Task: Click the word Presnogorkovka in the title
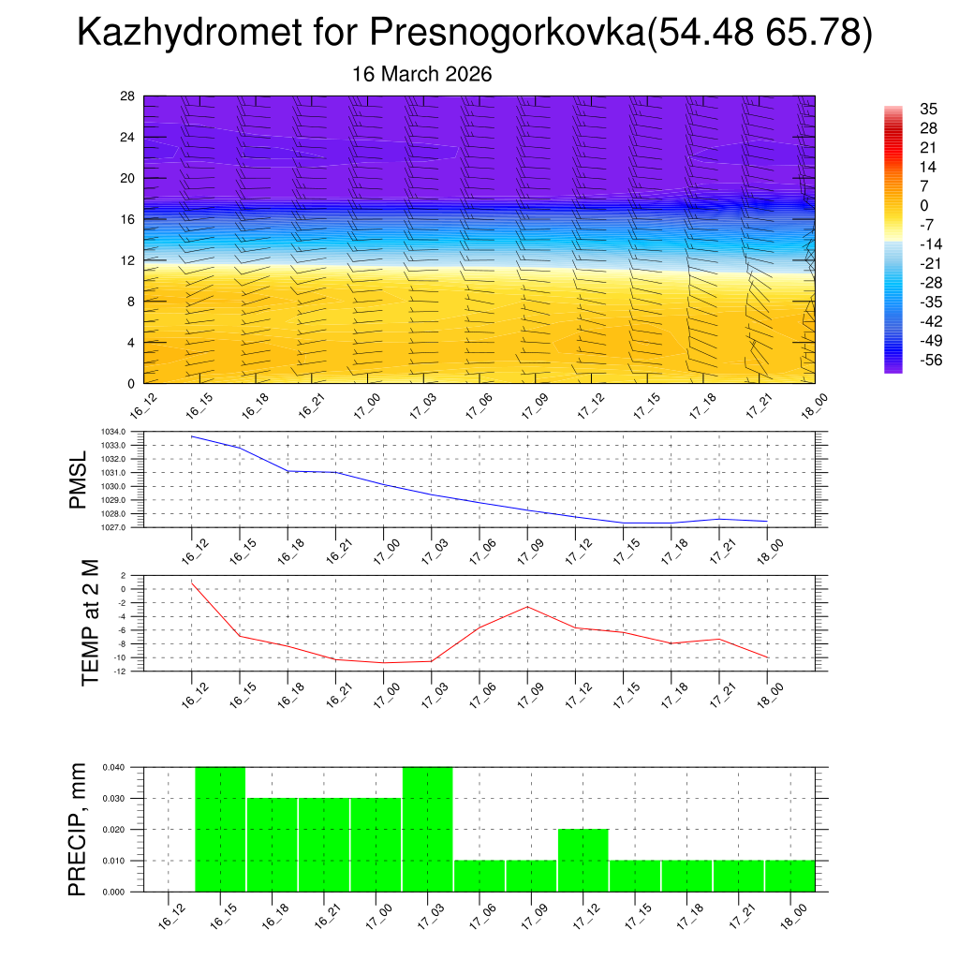[x=505, y=34]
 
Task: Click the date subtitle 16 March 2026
[x=421, y=74]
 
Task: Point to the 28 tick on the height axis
[x=128, y=96]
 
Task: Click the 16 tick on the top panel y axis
[x=128, y=219]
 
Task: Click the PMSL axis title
[x=82, y=479]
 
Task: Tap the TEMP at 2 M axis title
[x=90, y=624]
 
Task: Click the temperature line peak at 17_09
[x=526, y=607]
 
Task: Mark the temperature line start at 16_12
[x=192, y=583]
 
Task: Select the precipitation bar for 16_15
[x=220, y=829]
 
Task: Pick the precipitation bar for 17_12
[x=583, y=860]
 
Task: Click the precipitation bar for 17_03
[x=428, y=829]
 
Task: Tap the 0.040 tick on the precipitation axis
[x=115, y=768]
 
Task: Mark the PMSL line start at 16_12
[x=192, y=436]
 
